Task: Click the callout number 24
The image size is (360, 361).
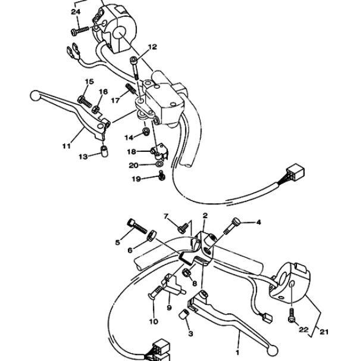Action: (76, 12)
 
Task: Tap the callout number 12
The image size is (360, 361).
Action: (152, 47)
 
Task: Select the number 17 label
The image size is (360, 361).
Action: (115, 101)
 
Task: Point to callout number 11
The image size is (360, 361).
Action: (67, 146)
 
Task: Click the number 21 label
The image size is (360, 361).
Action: (324, 332)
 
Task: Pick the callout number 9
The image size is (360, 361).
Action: (169, 307)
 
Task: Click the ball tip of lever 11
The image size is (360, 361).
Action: (35, 95)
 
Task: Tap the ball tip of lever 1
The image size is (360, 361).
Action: (272, 350)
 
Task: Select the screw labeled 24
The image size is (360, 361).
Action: (80, 31)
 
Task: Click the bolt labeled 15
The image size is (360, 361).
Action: (84, 102)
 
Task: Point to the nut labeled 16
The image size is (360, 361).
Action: (95, 109)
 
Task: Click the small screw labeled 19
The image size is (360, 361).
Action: (162, 176)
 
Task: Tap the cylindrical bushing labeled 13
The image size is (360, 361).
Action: (105, 151)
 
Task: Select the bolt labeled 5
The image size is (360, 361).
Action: (137, 226)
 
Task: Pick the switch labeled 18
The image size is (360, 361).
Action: (160, 151)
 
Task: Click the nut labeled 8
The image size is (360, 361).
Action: (186, 273)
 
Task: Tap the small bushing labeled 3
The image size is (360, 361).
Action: (184, 315)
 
